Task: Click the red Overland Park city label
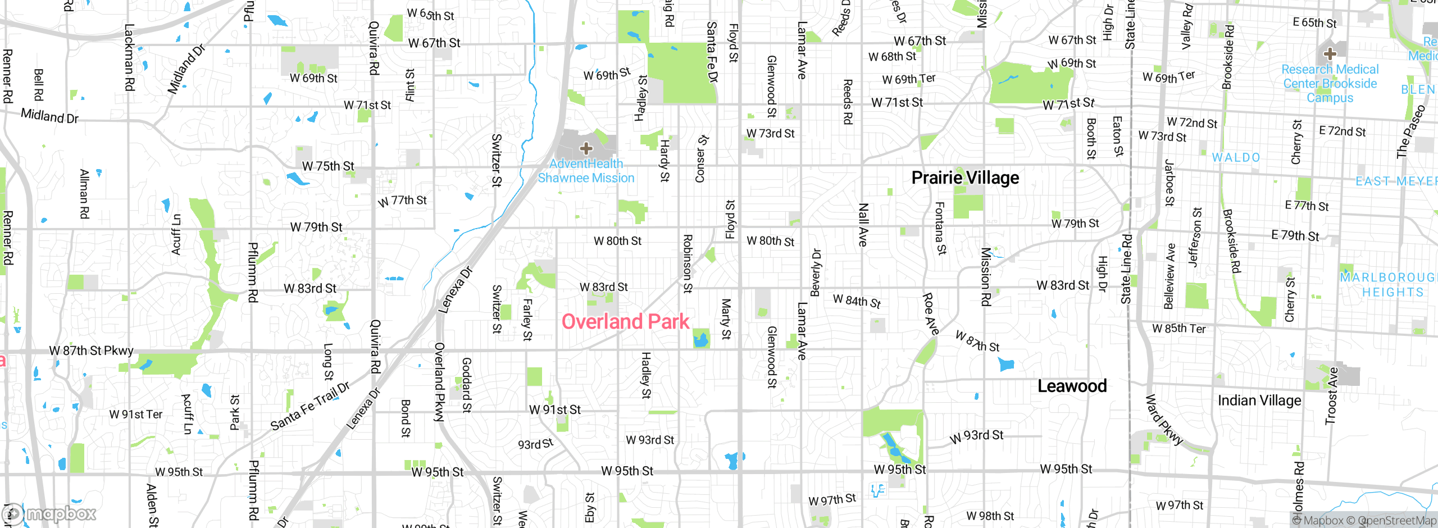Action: tap(625, 322)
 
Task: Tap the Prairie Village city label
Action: tap(965, 178)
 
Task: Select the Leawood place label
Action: tap(1072, 386)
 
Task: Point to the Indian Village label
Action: tap(1259, 400)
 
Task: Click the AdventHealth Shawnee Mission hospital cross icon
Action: tap(586, 149)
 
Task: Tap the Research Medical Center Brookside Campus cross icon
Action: tap(1330, 54)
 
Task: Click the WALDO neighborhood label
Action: tap(1236, 158)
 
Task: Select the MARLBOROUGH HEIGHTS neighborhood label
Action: tap(1387, 285)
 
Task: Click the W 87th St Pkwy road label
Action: tap(92, 351)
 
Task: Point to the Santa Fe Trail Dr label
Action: tap(310, 406)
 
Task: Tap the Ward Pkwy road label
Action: tap(1164, 420)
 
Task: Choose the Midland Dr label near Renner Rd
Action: tap(49, 116)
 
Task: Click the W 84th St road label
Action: tap(857, 301)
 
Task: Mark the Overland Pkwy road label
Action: tap(439, 382)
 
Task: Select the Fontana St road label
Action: tap(940, 228)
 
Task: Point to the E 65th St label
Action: tap(1314, 23)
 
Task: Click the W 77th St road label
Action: tap(402, 201)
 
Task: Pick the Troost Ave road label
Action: tap(1332, 396)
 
